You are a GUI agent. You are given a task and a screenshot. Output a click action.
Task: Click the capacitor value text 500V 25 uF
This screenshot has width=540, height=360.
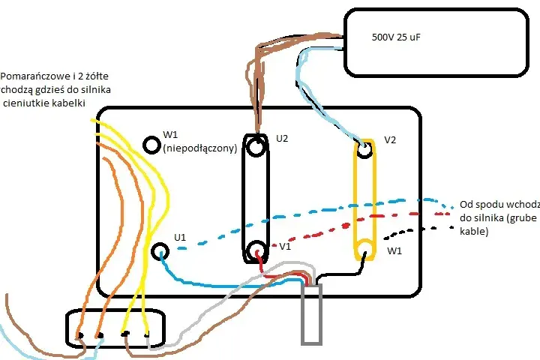click(396, 37)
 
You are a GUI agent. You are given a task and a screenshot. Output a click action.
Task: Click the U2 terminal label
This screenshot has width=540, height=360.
click(282, 139)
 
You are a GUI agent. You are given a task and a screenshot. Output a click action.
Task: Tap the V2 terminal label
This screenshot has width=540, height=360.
click(390, 139)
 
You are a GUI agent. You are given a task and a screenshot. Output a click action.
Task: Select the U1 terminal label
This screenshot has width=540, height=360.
click(180, 237)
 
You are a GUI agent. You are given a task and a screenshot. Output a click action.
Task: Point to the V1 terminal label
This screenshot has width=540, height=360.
click(285, 246)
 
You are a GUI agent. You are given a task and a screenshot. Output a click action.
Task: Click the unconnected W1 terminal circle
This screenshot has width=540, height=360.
click(151, 145)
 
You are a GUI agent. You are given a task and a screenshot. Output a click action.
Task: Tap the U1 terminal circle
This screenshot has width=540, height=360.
click(160, 251)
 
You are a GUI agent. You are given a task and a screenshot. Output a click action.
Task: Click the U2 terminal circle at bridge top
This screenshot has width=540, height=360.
click(256, 147)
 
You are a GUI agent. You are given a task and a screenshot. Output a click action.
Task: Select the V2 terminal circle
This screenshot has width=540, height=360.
click(364, 150)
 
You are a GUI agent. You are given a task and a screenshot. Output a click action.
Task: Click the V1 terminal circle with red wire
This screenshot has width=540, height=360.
click(256, 250)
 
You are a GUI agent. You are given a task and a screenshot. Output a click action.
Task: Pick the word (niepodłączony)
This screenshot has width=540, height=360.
click(200, 148)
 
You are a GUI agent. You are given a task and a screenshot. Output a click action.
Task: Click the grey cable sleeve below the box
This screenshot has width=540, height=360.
click(312, 314)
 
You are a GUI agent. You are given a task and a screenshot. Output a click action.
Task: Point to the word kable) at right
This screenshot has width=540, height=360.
click(474, 231)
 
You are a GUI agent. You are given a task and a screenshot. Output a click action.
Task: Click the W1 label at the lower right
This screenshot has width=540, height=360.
click(394, 250)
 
